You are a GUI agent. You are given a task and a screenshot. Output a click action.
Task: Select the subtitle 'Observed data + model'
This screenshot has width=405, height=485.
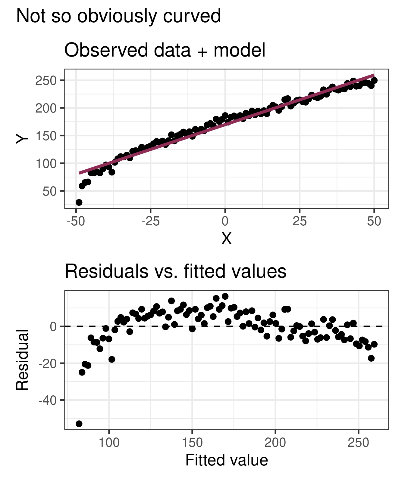click(x=165, y=50)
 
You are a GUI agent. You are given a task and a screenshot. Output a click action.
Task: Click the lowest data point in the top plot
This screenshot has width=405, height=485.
click(x=79, y=202)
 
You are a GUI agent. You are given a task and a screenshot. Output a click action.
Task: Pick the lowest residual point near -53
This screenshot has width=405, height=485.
click(x=79, y=424)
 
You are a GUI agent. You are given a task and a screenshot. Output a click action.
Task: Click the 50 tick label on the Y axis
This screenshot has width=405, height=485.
click(x=50, y=191)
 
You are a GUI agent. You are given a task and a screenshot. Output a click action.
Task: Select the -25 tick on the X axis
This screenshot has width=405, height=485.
click(x=150, y=221)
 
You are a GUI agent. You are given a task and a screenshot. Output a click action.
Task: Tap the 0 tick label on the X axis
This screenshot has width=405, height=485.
click(x=225, y=221)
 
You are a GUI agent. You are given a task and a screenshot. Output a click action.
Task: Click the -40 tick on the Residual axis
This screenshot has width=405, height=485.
click(x=48, y=400)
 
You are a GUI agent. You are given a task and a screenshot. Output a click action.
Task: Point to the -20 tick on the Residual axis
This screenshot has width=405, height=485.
click(x=48, y=363)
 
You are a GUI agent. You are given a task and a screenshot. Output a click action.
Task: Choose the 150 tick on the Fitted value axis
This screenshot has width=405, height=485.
click(x=192, y=443)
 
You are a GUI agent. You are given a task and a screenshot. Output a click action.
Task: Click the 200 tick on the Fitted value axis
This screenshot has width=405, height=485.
click(x=275, y=443)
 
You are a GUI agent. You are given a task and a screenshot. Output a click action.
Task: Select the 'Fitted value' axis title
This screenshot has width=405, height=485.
click(x=227, y=460)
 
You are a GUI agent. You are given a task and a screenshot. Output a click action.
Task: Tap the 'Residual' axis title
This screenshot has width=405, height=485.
click(x=22, y=360)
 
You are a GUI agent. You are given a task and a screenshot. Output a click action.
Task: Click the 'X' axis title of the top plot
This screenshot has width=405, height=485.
click(x=226, y=239)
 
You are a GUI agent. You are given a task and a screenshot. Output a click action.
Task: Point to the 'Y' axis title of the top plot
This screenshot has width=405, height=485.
click(x=22, y=139)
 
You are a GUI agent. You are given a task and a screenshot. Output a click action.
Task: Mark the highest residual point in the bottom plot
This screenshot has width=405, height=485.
click(x=225, y=296)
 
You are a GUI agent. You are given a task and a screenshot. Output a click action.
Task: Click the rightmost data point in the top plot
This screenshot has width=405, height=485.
click(x=374, y=80)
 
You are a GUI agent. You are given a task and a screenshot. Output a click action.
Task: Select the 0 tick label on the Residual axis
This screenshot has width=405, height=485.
click(x=53, y=326)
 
